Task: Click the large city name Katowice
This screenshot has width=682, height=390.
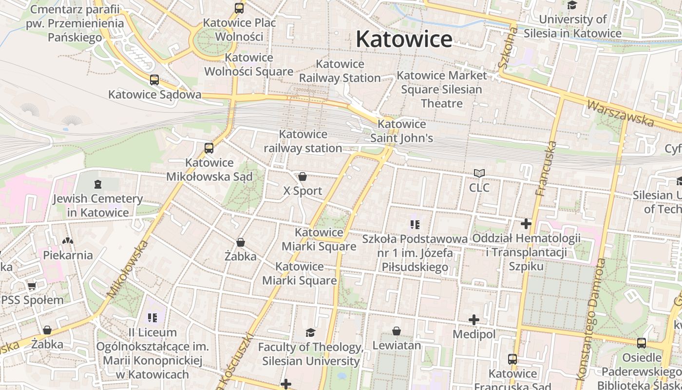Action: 404,39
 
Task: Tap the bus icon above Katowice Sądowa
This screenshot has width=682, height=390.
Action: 154,80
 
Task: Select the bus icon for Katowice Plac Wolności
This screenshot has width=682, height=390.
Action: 239,8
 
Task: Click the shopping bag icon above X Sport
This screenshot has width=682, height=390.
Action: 303,176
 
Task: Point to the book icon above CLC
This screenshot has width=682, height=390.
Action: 479,173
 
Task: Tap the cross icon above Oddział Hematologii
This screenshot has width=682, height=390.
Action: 526,224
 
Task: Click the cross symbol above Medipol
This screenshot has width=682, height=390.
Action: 474,320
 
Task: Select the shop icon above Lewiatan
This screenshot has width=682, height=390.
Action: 397,331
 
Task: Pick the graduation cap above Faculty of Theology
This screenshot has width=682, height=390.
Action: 310,333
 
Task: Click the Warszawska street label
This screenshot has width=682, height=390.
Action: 620,113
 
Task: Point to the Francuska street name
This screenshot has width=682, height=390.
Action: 546,168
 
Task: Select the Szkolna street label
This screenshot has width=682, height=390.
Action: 508,48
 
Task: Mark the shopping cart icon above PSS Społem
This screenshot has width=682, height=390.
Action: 32,286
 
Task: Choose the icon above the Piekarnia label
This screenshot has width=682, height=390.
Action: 68,241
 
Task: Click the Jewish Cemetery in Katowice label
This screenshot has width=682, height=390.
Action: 98,205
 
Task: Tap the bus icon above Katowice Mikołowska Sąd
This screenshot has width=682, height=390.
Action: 209,148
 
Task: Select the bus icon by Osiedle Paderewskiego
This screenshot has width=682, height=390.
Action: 642,343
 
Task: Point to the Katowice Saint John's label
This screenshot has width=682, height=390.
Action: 401,131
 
